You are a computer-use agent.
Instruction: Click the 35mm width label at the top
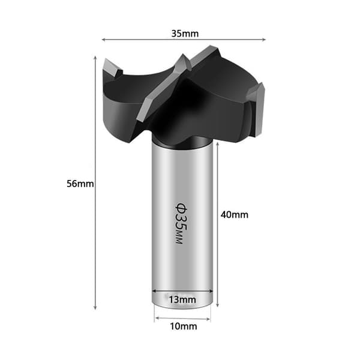click(185, 34)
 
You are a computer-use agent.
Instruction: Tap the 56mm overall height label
click(80, 184)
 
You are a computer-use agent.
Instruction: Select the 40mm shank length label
click(235, 215)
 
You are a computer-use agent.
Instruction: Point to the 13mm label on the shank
click(182, 299)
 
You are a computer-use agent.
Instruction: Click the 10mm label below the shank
click(184, 326)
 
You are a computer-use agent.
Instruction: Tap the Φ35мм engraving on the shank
click(181, 223)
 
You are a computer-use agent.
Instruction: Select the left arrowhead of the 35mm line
click(104, 40)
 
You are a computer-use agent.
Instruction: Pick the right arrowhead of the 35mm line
click(263, 40)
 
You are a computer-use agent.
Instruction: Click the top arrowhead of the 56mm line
click(95, 58)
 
